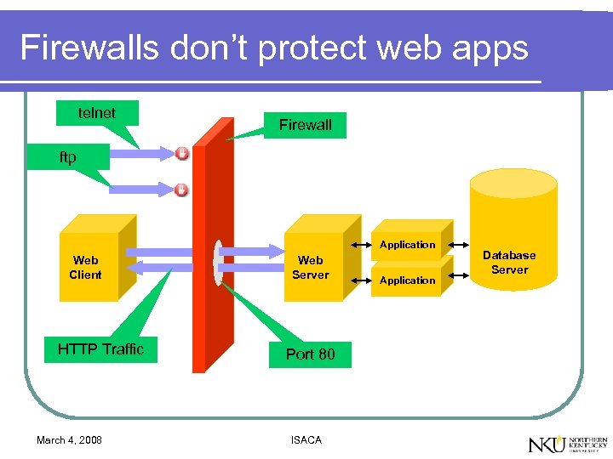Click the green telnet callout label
96,112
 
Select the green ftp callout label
67,157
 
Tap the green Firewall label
305,125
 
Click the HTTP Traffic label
100,348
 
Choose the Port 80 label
310,354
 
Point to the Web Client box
85,267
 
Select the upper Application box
407,245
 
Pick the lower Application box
407,280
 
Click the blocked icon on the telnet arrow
182,153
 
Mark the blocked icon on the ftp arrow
181,190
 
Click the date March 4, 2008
69,439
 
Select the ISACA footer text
306,439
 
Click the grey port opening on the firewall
219,263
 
